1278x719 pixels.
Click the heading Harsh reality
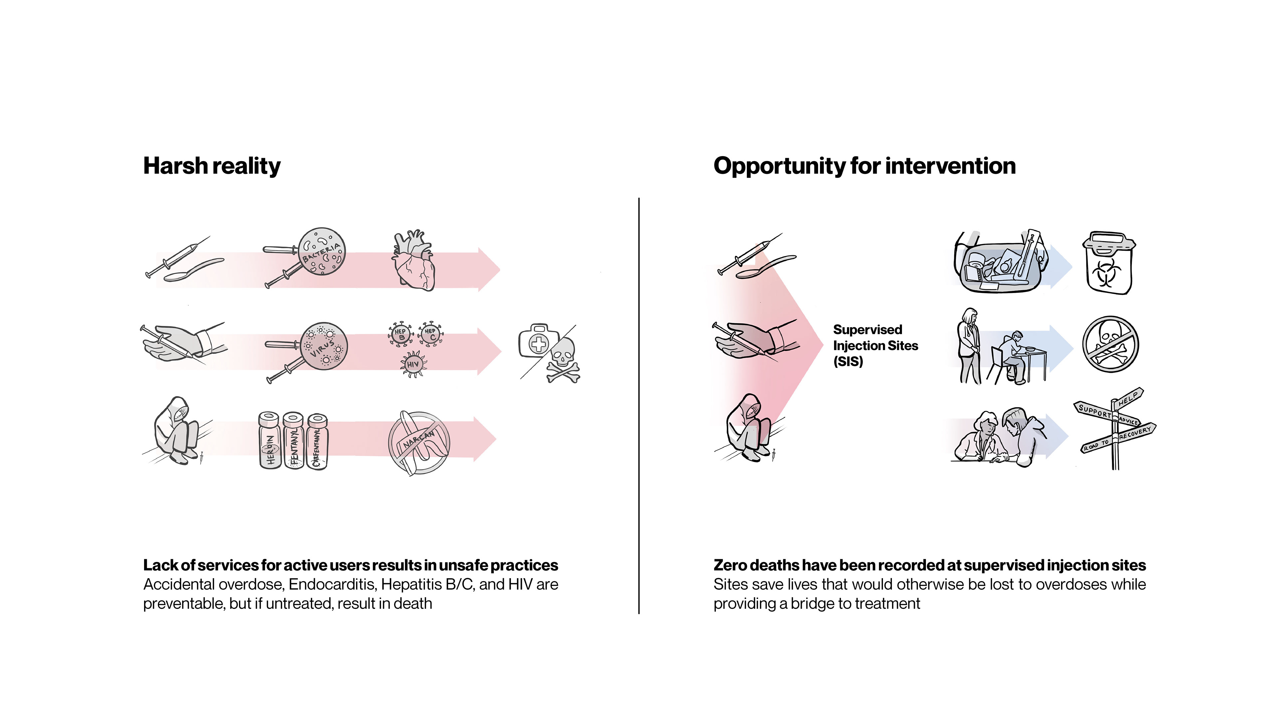tap(212, 166)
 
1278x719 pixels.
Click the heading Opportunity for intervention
tap(864, 166)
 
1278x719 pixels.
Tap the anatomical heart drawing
tap(413, 261)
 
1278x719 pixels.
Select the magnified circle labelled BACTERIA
tap(321, 251)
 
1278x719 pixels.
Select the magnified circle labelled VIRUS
tap(323, 346)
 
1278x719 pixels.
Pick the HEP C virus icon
tap(431, 333)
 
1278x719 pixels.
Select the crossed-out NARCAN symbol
tap(419, 443)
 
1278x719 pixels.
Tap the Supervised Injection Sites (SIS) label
tap(876, 346)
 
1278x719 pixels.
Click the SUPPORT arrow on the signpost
tap(1094, 411)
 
